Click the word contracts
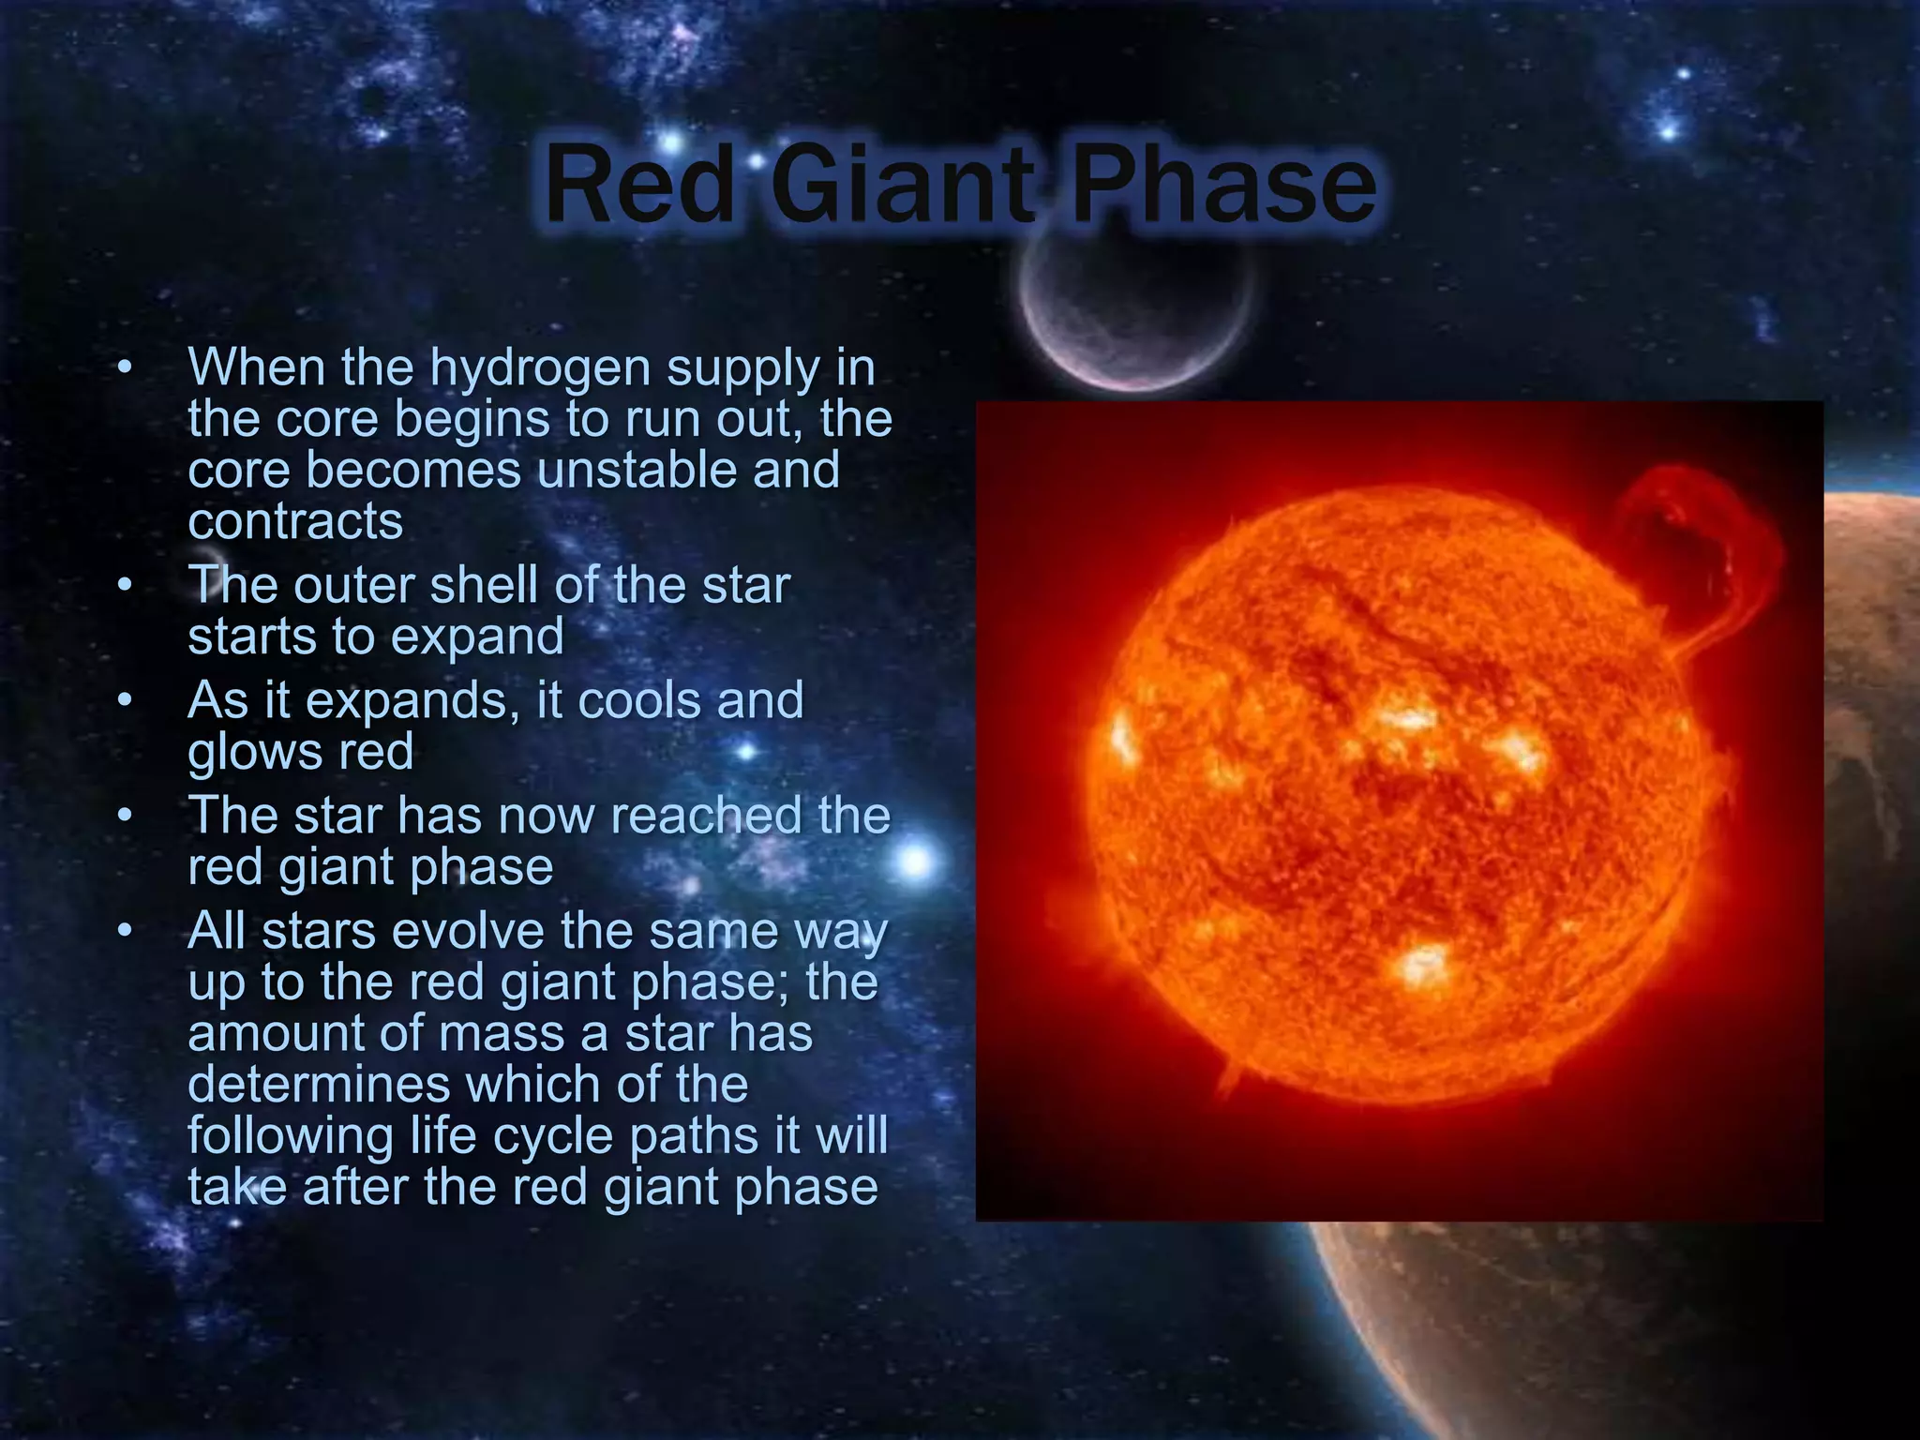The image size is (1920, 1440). (x=295, y=521)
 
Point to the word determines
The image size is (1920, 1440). (x=319, y=1085)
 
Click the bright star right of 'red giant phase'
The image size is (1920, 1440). (x=916, y=861)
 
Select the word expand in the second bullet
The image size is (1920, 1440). (x=477, y=637)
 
